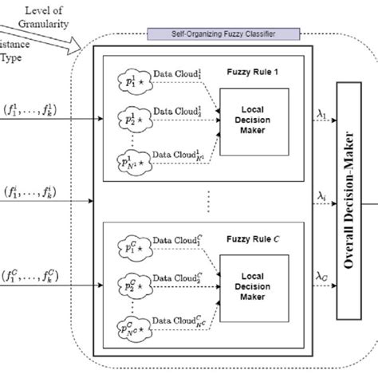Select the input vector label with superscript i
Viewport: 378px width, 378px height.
click(38, 192)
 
